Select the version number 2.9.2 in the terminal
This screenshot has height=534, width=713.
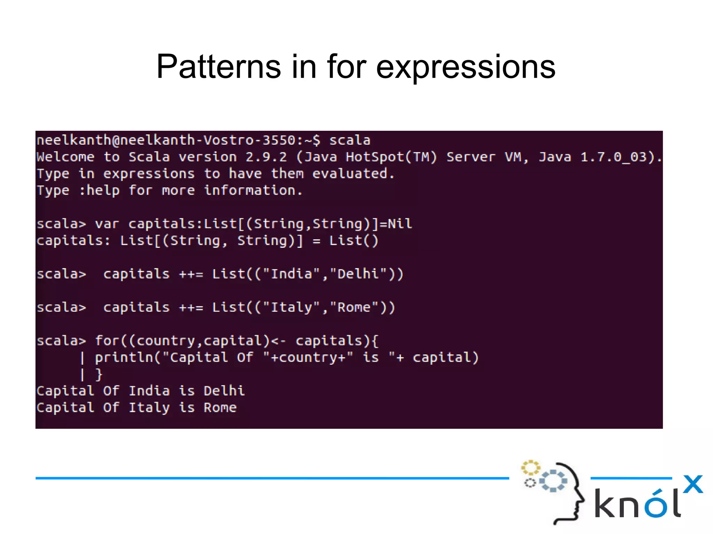click(x=266, y=157)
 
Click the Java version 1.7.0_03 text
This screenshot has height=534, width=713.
click(x=613, y=157)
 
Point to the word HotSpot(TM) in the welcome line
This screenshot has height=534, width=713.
click(x=391, y=157)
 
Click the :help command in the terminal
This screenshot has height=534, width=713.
click(x=99, y=191)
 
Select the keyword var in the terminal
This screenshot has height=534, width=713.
click(x=107, y=224)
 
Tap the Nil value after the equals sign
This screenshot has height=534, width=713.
click(x=400, y=224)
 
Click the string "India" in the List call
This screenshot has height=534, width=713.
click(x=291, y=274)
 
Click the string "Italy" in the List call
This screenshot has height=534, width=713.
click(x=291, y=307)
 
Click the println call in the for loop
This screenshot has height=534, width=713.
click(x=124, y=358)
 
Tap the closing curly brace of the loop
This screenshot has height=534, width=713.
click(x=99, y=374)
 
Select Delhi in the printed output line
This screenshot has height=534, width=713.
click(x=224, y=391)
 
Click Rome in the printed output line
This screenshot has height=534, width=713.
click(x=220, y=407)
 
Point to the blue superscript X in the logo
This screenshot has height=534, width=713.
click(x=693, y=484)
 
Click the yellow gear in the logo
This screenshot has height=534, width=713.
click(x=530, y=468)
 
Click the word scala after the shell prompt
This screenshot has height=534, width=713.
click(x=350, y=140)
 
